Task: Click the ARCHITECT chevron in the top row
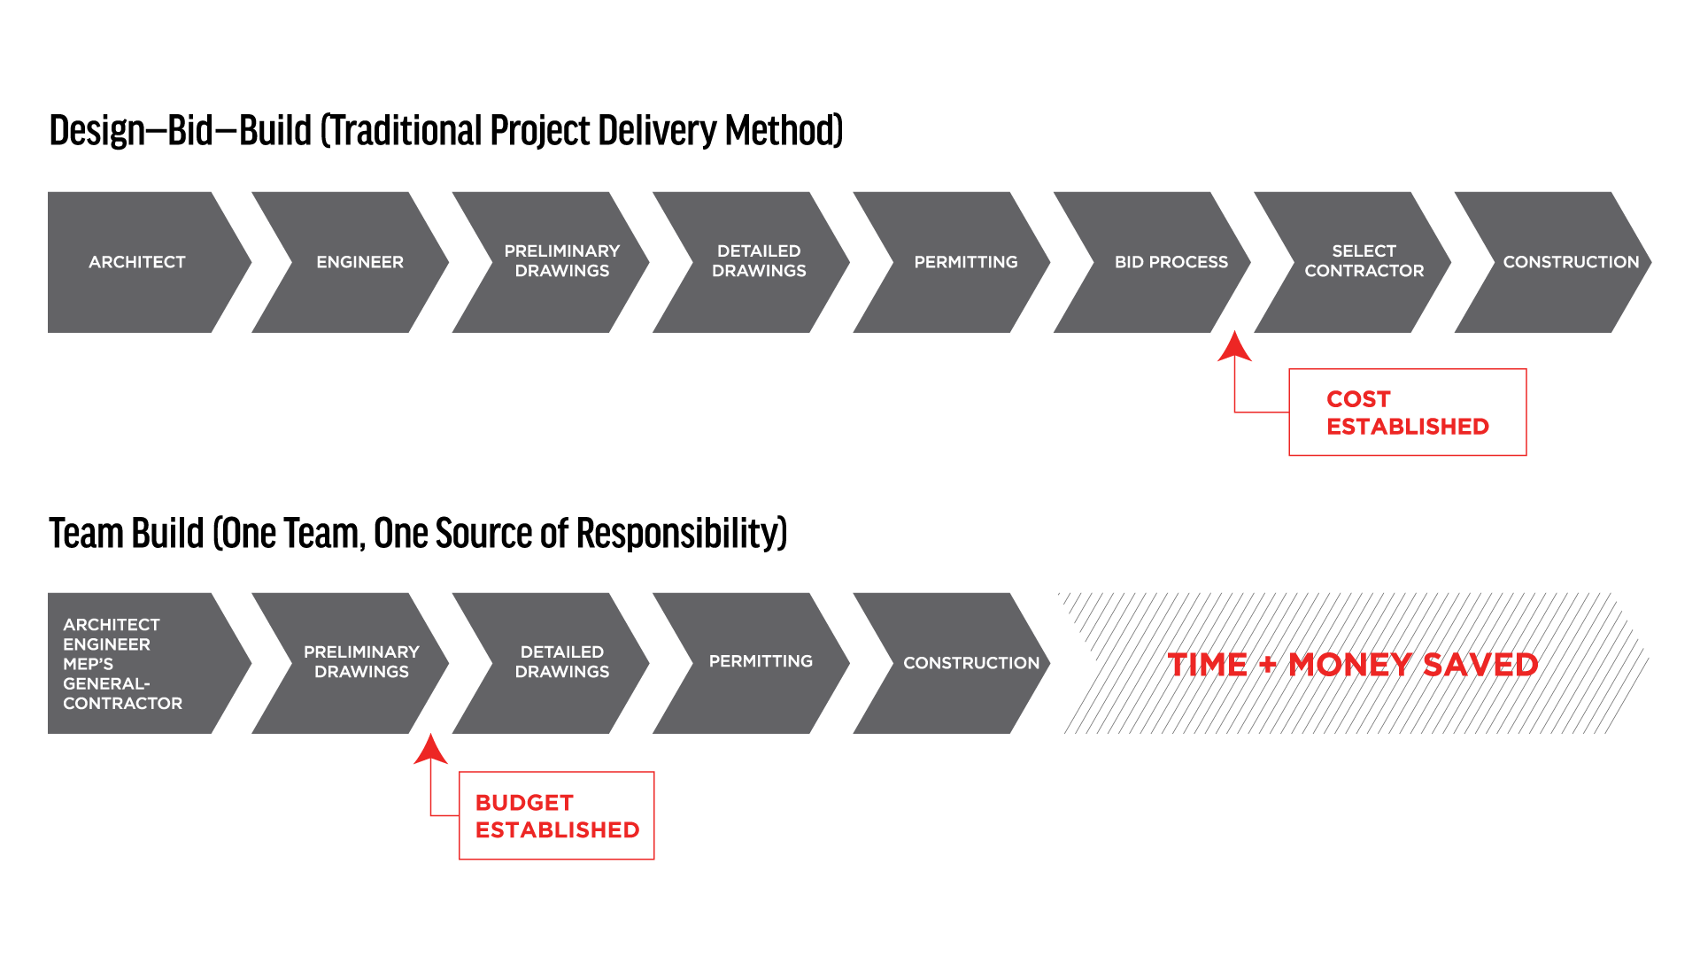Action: pyautogui.click(x=137, y=262)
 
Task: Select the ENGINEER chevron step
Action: pyautogui.click(x=359, y=262)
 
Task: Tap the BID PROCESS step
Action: pyautogui.click(x=1171, y=262)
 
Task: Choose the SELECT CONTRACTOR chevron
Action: pyautogui.click(x=1364, y=261)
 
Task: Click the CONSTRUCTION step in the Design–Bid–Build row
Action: pyautogui.click(x=1570, y=262)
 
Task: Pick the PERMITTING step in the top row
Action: pyautogui.click(x=965, y=262)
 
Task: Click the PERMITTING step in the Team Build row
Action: pyautogui.click(x=760, y=661)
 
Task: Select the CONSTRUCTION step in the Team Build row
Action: pyautogui.click(x=970, y=663)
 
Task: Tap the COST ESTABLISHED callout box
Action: pyautogui.click(x=1407, y=412)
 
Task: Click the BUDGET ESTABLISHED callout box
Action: pyautogui.click(x=556, y=815)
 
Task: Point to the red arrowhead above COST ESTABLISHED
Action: pyautogui.click(x=1234, y=347)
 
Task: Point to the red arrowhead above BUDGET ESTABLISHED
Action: pyautogui.click(x=430, y=749)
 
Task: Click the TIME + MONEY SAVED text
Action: pyautogui.click(x=1352, y=664)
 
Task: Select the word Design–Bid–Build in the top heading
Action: pyautogui.click(x=181, y=131)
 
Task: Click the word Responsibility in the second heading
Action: pyautogui.click(x=681, y=534)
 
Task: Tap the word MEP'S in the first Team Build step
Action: pyautogui.click(x=88, y=664)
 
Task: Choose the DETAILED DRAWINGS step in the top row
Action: pyautogui.click(x=759, y=261)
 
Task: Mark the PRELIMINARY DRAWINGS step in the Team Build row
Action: pyautogui.click(x=361, y=662)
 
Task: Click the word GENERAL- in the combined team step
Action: pyautogui.click(x=106, y=683)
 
